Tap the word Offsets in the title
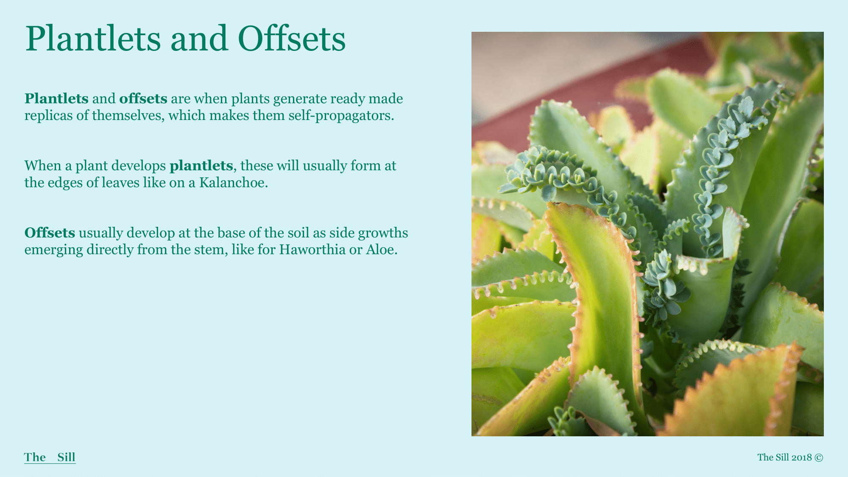click(292, 39)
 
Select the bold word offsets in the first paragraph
click(143, 98)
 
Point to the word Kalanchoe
click(234, 183)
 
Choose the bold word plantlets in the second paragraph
click(201, 166)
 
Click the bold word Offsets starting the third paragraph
click(50, 233)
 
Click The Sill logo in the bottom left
click(50, 457)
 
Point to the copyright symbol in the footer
click(819, 457)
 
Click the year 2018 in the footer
click(801, 457)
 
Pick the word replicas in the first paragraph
click(48, 116)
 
